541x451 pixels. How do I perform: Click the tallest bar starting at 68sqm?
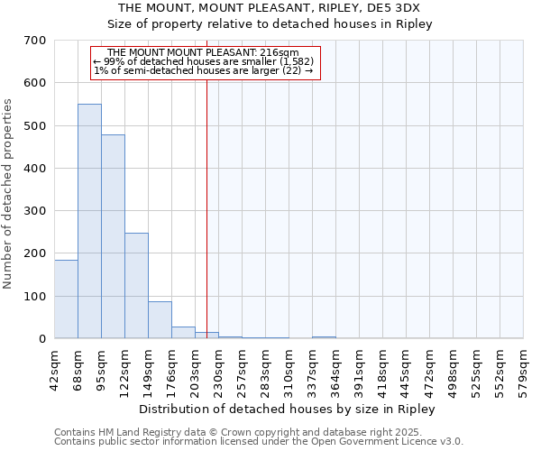pyautogui.click(x=89, y=221)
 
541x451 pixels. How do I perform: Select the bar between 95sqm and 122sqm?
pyautogui.click(x=113, y=236)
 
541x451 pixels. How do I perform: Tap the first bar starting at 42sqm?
pyautogui.click(x=66, y=299)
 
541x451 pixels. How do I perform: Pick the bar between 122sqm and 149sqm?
pyautogui.click(x=136, y=285)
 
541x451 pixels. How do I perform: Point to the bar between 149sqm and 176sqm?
pyautogui.click(x=160, y=319)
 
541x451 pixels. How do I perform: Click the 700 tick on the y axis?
pyautogui.click(x=35, y=41)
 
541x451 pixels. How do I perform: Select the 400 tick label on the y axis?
pyautogui.click(x=35, y=169)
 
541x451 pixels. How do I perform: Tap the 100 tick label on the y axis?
pyautogui.click(x=35, y=297)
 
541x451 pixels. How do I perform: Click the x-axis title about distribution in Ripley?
pyautogui.click(x=289, y=410)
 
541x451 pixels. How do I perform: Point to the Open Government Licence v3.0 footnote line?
pyautogui.click(x=259, y=442)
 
